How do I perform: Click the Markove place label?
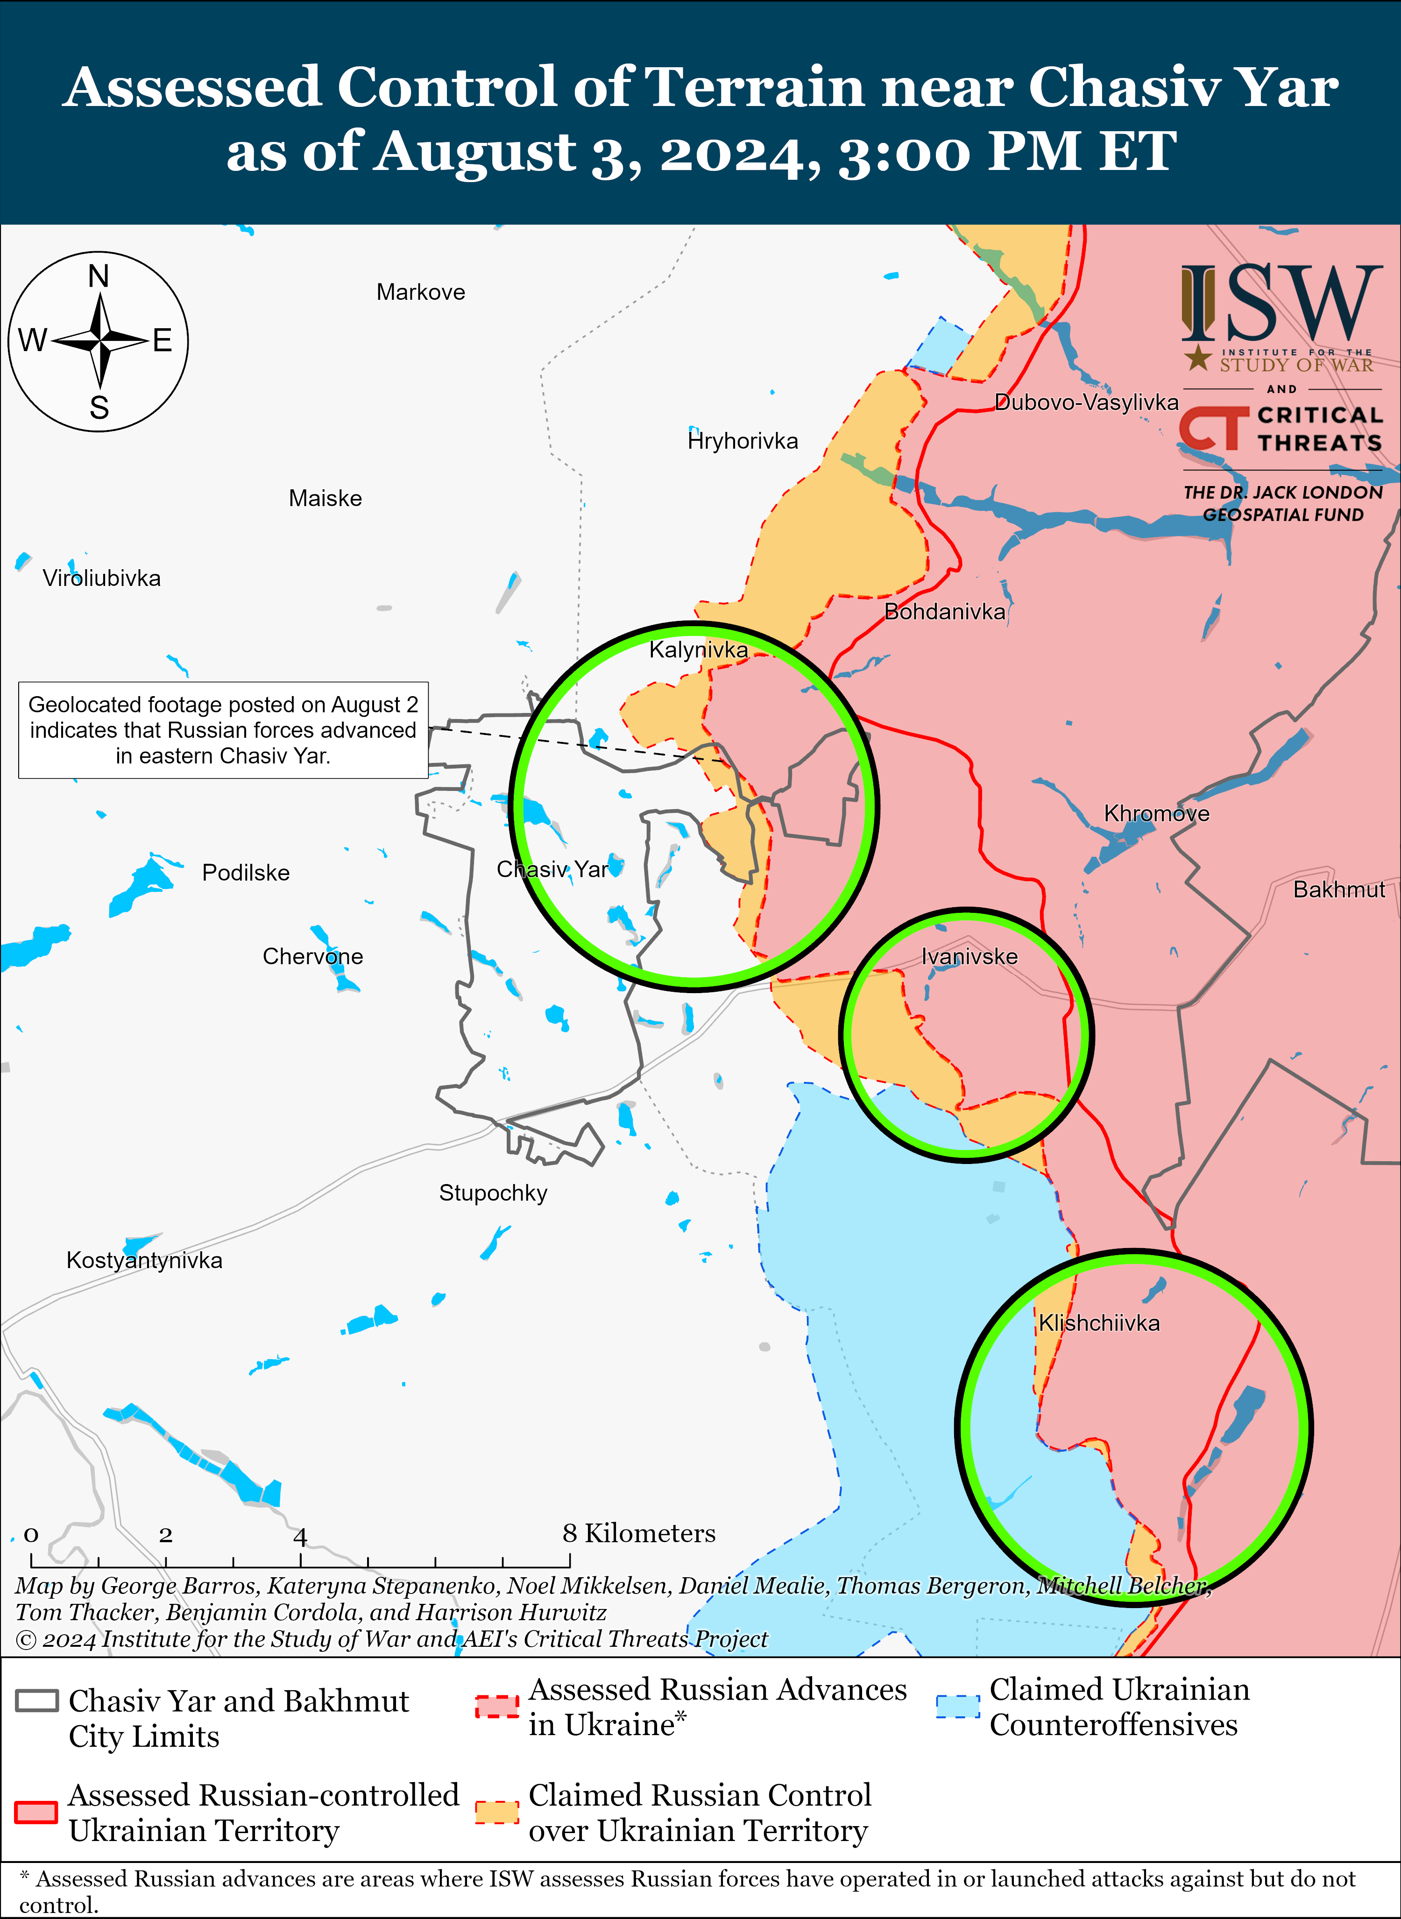tap(421, 293)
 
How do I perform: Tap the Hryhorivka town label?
tap(743, 441)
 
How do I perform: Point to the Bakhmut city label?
tap(1338, 889)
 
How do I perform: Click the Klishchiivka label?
tap(1099, 1323)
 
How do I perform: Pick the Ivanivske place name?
tap(969, 957)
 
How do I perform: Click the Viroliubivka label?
tap(102, 579)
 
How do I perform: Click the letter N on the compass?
tap(99, 276)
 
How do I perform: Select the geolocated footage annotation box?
tap(223, 730)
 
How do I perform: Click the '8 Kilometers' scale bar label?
tap(638, 1533)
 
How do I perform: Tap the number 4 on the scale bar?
tap(300, 1536)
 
